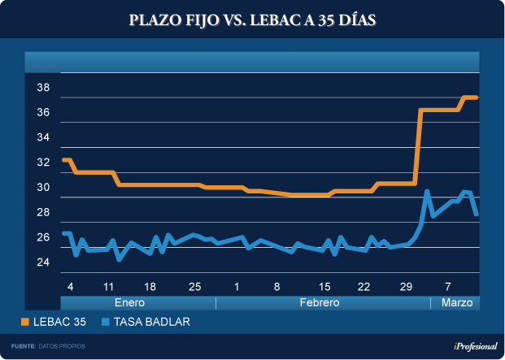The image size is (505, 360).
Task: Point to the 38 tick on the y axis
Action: pos(43,88)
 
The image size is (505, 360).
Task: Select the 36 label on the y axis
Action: pos(43,113)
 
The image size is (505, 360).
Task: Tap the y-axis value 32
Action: pos(43,163)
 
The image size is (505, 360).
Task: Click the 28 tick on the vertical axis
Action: pos(43,213)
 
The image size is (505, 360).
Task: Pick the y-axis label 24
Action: pos(43,262)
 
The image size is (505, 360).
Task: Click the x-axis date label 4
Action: pos(71,287)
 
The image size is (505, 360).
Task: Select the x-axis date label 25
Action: pos(194,287)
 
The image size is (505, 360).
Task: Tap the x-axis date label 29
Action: pos(406,287)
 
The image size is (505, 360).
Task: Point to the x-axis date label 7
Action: pos(448,287)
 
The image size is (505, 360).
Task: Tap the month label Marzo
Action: pos(455,302)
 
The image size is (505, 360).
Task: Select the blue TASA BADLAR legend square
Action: pos(106,323)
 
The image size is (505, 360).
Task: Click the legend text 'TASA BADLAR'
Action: pos(152,323)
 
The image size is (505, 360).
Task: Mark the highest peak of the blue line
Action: pos(427,191)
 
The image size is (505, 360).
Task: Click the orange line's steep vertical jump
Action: pos(418,146)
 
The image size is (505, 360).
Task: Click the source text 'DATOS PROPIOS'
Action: pos(62,346)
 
